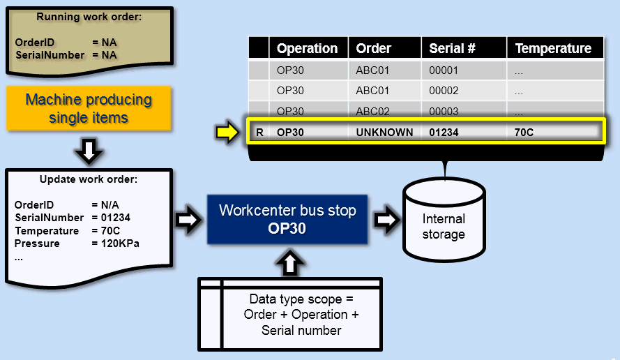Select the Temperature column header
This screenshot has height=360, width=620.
click(x=553, y=48)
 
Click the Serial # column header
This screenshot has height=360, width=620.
click(x=452, y=48)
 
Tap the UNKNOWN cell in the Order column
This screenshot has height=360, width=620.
click(x=384, y=132)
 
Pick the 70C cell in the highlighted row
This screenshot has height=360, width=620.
click(x=524, y=132)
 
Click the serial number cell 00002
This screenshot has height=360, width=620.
click(x=444, y=91)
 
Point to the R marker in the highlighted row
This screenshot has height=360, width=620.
click(x=259, y=132)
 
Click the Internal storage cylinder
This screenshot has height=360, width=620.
click(x=443, y=219)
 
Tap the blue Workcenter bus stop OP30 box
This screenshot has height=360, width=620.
click(x=287, y=219)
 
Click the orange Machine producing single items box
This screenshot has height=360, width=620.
click(x=89, y=108)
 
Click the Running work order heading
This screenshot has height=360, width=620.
click(x=89, y=17)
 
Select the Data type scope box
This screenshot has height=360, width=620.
click(x=301, y=314)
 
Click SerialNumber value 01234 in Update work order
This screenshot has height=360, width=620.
click(x=110, y=218)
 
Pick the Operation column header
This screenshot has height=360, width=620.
click(x=307, y=48)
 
